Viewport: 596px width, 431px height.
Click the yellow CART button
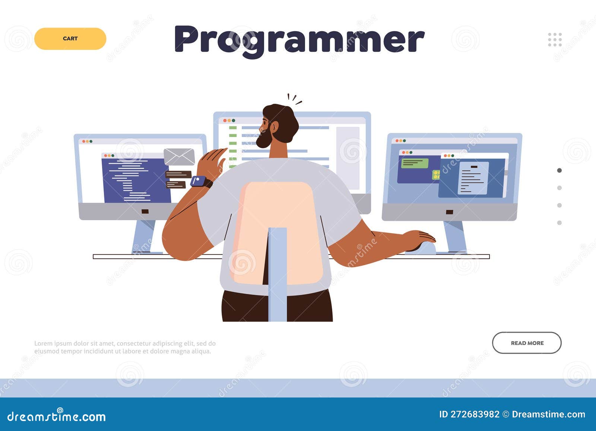click(x=70, y=39)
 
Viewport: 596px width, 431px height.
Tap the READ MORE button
click(x=526, y=343)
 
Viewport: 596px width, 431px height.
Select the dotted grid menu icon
click(x=555, y=39)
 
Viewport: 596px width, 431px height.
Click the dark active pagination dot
click(x=559, y=171)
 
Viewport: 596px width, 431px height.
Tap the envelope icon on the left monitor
click(x=179, y=156)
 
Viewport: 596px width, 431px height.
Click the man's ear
click(x=275, y=127)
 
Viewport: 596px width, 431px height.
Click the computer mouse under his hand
click(x=423, y=248)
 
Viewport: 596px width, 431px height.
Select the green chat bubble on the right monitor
click(x=414, y=163)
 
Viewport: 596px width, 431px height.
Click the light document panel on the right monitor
click(x=473, y=178)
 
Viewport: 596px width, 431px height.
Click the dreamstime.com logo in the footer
click(x=57, y=416)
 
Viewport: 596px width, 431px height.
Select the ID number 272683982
click(x=475, y=414)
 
